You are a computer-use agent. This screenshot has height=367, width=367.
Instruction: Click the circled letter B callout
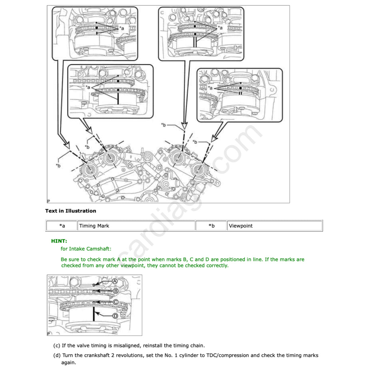(x=116, y=291)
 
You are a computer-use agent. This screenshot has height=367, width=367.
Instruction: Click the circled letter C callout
(x=116, y=302)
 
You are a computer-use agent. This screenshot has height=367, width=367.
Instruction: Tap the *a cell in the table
(x=62, y=226)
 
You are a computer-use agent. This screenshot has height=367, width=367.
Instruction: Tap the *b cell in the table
(x=211, y=226)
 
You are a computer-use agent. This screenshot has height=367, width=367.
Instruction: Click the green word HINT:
(x=59, y=241)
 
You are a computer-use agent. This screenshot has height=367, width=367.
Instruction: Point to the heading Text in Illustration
(x=71, y=211)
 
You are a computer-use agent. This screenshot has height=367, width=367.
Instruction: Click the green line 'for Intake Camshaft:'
(x=86, y=249)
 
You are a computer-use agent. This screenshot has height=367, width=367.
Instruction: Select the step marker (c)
(x=57, y=345)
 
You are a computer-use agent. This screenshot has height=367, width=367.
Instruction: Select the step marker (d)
(x=57, y=355)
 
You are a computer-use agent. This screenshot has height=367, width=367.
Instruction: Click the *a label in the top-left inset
(x=122, y=28)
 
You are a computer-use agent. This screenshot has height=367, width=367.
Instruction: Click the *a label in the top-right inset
(x=220, y=27)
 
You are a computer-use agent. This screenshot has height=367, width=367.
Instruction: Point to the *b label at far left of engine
(x=58, y=165)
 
